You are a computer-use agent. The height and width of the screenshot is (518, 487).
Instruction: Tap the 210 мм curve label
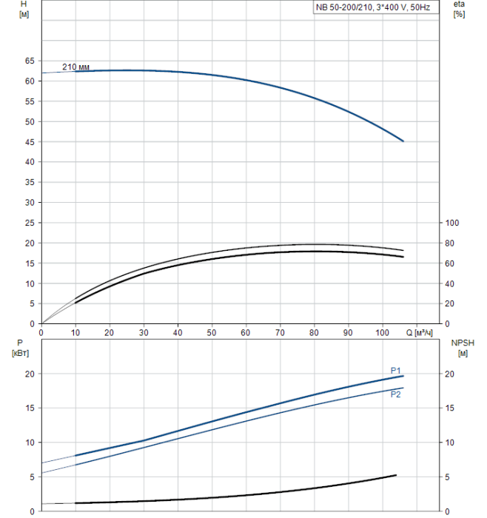75,67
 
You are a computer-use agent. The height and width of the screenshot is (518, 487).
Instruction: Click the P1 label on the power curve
396,370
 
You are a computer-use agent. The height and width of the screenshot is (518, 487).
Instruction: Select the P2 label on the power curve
396,394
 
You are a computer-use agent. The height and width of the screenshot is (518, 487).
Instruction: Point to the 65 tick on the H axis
30,61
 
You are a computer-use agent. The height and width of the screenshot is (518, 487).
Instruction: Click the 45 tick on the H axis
30,141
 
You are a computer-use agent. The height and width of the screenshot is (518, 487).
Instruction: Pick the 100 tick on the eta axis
454,223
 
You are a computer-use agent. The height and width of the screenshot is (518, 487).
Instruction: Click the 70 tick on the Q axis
280,332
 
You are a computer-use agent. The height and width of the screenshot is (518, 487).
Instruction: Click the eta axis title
459,5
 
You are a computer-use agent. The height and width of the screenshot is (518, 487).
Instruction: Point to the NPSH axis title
460,343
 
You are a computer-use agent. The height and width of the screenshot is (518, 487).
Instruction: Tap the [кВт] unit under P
20,353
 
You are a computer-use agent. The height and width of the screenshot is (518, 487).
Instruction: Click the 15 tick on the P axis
30,408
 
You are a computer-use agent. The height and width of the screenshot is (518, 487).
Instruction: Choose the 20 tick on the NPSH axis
452,374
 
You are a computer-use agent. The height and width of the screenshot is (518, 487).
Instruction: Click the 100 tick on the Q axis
382,332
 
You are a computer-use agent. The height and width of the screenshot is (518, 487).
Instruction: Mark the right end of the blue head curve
403,141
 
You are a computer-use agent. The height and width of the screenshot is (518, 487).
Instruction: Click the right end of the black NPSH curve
396,475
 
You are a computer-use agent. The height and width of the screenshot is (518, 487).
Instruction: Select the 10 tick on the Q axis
75,332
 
